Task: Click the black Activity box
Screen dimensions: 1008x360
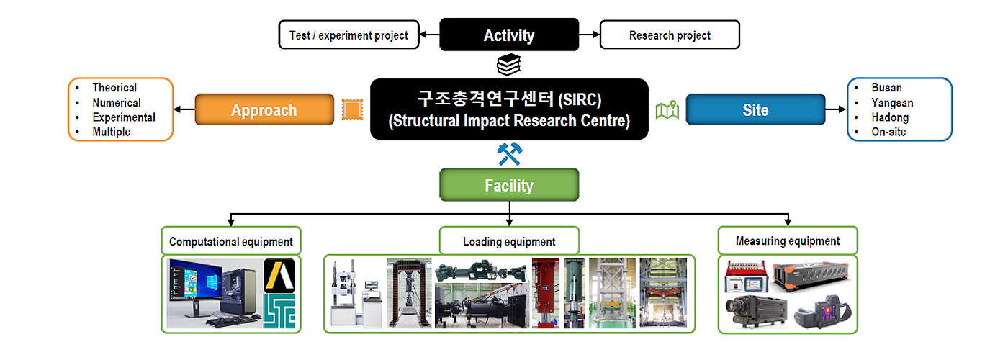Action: point(509,35)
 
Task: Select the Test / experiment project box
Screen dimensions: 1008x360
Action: point(348,35)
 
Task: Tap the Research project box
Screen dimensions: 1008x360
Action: point(670,35)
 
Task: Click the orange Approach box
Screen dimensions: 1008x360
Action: point(264,109)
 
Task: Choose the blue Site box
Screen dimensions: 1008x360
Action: point(755,109)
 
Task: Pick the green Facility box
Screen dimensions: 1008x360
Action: point(509,185)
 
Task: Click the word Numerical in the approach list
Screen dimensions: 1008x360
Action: point(117,102)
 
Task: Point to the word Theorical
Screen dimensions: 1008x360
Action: point(114,87)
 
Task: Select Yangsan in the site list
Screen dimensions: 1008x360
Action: point(892,103)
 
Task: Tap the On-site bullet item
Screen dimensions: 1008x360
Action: point(888,132)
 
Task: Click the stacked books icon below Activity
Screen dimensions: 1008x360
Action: point(509,65)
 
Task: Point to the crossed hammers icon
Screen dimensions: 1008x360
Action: point(510,154)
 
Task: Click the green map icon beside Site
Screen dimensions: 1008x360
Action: point(667,109)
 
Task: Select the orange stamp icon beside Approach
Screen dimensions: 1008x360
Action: point(352,109)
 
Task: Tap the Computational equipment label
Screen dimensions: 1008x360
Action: point(231,242)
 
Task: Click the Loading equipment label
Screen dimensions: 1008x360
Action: point(509,242)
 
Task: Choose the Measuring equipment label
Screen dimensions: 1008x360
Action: point(788,240)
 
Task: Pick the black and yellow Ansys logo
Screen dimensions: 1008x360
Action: point(279,275)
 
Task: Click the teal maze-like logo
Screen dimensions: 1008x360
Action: point(279,311)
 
